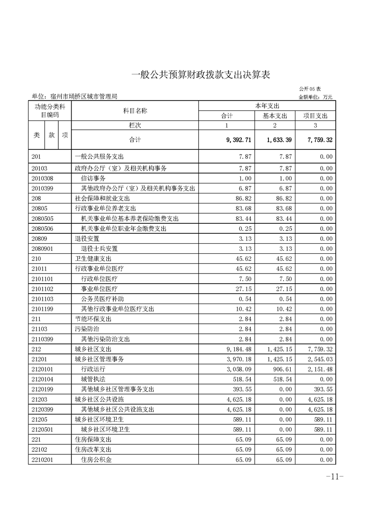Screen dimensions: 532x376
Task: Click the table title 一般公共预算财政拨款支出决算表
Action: point(200,75)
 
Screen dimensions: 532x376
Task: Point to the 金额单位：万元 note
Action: point(315,97)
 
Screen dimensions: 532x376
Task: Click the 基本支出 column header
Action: point(275,116)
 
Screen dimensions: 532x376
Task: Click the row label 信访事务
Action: point(93,178)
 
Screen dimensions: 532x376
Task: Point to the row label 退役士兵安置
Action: point(99,248)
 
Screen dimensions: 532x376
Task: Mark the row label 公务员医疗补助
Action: point(102,299)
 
